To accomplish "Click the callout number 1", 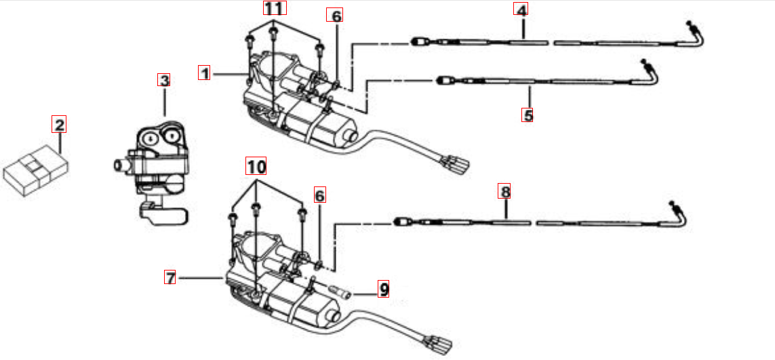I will [x=204, y=73].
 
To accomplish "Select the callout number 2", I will [x=60, y=124].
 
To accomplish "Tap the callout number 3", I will [x=163, y=80].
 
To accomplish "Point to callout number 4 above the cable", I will [x=521, y=10].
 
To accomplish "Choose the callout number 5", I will [x=528, y=115].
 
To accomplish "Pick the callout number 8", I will [x=504, y=191].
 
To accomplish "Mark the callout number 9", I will [x=384, y=289].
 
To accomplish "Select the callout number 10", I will [x=256, y=165].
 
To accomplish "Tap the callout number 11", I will [x=275, y=9].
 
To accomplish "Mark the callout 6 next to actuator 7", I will [x=319, y=196].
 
